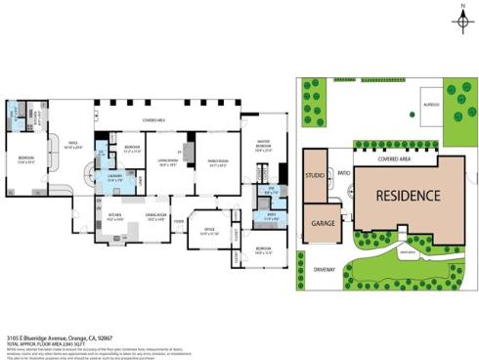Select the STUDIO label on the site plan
[315, 176]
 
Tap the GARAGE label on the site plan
[323, 223]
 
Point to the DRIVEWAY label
[324, 267]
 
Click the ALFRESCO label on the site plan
[429, 103]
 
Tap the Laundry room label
[113, 177]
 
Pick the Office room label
[209, 232]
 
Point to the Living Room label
[167, 161]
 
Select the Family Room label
[217, 161]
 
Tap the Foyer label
[178, 221]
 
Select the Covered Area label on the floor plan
[153, 120]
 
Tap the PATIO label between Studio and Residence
[343, 173]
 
